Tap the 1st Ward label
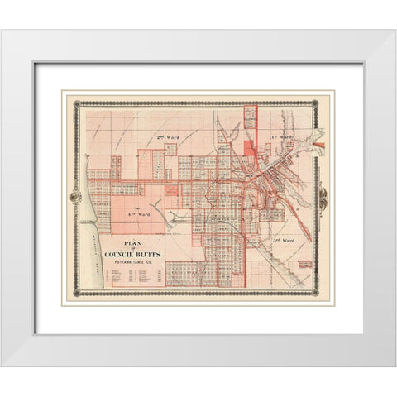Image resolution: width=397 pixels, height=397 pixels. [x=283, y=133]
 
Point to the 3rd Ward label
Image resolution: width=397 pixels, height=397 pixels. [x=282, y=239]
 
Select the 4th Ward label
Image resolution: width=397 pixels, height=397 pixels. [x=132, y=212]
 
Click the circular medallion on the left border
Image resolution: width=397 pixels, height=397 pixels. [x=75, y=198]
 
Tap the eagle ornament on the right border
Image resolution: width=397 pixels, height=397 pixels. [x=322, y=198]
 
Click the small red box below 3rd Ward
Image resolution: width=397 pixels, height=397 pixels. [x=304, y=265]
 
